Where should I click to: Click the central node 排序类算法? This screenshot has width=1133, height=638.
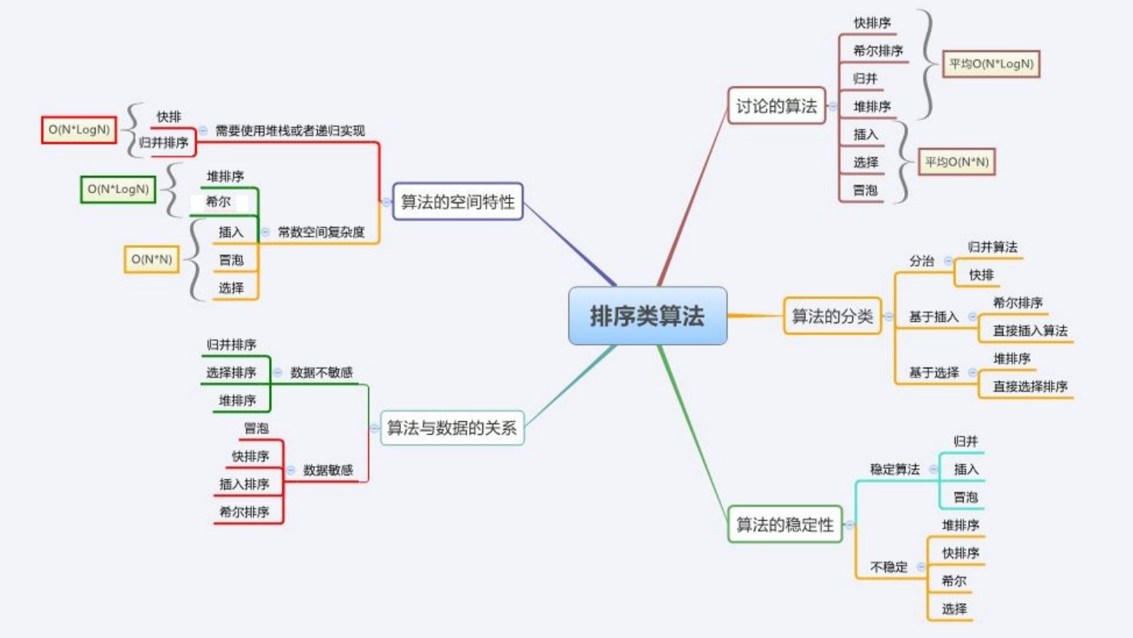point(648,316)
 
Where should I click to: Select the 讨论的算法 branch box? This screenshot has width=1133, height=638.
point(776,106)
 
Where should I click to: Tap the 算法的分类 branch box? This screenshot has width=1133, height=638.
point(832,316)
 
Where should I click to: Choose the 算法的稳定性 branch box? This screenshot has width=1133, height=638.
point(785,525)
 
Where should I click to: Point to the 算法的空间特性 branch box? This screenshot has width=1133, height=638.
point(458,202)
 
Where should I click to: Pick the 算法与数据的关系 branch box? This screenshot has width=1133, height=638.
point(452,428)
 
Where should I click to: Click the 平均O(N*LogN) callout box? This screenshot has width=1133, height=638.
point(991,64)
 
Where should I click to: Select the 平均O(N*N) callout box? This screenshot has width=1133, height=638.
point(957,162)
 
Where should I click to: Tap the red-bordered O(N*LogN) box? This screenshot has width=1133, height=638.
point(79,129)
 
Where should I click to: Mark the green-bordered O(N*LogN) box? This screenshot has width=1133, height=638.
point(118,189)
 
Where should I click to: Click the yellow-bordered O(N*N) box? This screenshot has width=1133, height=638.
point(152,259)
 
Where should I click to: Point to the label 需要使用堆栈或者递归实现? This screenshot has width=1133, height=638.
point(290,131)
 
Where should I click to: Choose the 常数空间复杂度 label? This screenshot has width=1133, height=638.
point(321,232)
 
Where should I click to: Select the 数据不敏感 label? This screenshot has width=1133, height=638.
point(321,373)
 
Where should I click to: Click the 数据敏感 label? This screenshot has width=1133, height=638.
point(328,470)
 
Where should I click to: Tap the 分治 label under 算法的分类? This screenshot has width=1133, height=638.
point(922,261)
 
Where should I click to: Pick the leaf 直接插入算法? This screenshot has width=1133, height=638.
point(1030,331)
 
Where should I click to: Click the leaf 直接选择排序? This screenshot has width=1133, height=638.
point(1030,386)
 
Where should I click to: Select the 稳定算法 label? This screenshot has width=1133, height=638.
point(894,469)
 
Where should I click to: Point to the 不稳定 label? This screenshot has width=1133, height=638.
point(889,567)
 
